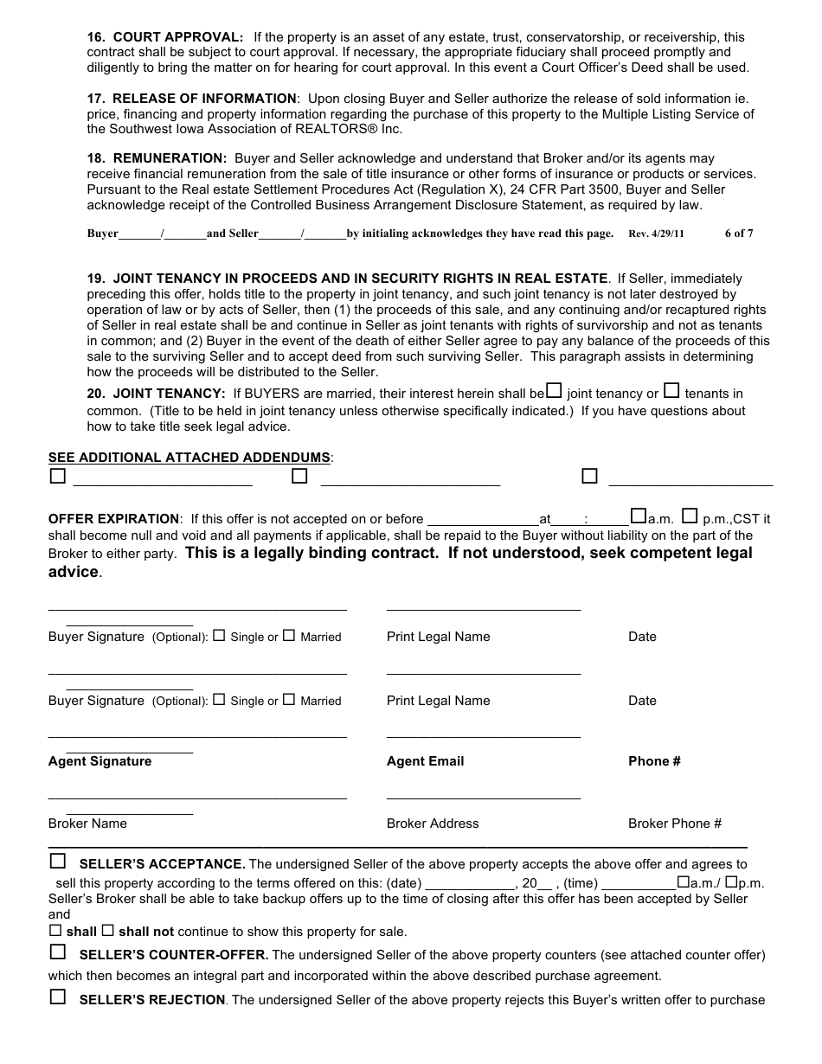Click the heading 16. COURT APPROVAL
pyautogui.click(x=165, y=37)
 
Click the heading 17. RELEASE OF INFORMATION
pyautogui.click(x=192, y=99)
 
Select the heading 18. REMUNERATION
pyautogui.click(x=157, y=158)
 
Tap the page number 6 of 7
pyautogui.click(x=738, y=234)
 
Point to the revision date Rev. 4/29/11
pyautogui.click(x=656, y=234)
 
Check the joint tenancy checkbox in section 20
pyautogui.click(x=555, y=391)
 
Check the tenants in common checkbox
pyautogui.click(x=671, y=391)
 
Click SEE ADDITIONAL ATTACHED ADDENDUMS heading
pyautogui.click(x=189, y=457)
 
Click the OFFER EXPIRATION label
pyautogui.click(x=113, y=519)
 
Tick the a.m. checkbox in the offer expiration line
pyautogui.click(x=639, y=516)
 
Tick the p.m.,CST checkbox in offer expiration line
pyautogui.click(x=690, y=516)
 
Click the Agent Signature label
pyautogui.click(x=100, y=761)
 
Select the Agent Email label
pyautogui.click(x=425, y=761)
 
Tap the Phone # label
pyautogui.click(x=654, y=761)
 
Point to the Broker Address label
pyautogui.click(x=433, y=824)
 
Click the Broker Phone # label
pyautogui.click(x=675, y=824)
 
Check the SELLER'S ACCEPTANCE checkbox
pyautogui.click(x=58, y=861)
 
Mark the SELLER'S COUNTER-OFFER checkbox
pyautogui.click(x=58, y=952)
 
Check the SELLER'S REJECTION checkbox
pyautogui.click(x=58, y=997)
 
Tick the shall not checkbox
pyautogui.click(x=108, y=932)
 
